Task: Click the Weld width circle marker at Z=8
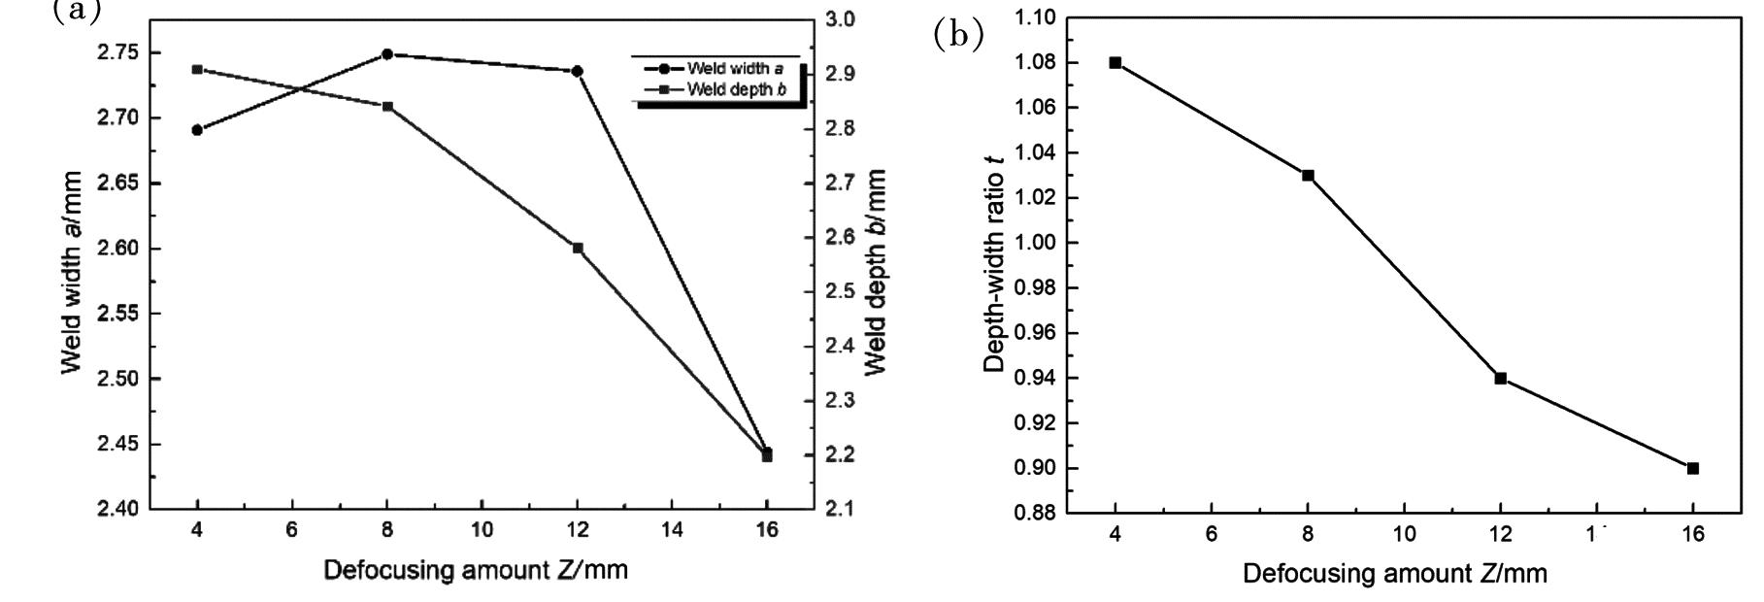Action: point(387,54)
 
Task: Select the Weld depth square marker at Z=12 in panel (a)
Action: point(578,249)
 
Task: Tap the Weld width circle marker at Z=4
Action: point(197,130)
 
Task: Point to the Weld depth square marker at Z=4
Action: point(197,70)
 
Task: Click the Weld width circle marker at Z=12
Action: point(578,71)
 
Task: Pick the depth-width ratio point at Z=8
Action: point(1308,176)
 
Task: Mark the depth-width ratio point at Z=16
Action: point(1693,468)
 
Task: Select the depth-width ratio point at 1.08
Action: point(1115,63)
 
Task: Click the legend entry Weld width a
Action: point(735,69)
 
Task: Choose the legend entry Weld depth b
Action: point(735,90)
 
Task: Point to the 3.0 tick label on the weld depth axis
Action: point(841,19)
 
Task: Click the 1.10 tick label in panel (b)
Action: point(1034,17)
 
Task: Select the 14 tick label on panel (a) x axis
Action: point(672,530)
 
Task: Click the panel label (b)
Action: point(958,36)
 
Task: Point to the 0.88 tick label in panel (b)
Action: point(1034,513)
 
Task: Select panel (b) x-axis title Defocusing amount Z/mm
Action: point(1394,574)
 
